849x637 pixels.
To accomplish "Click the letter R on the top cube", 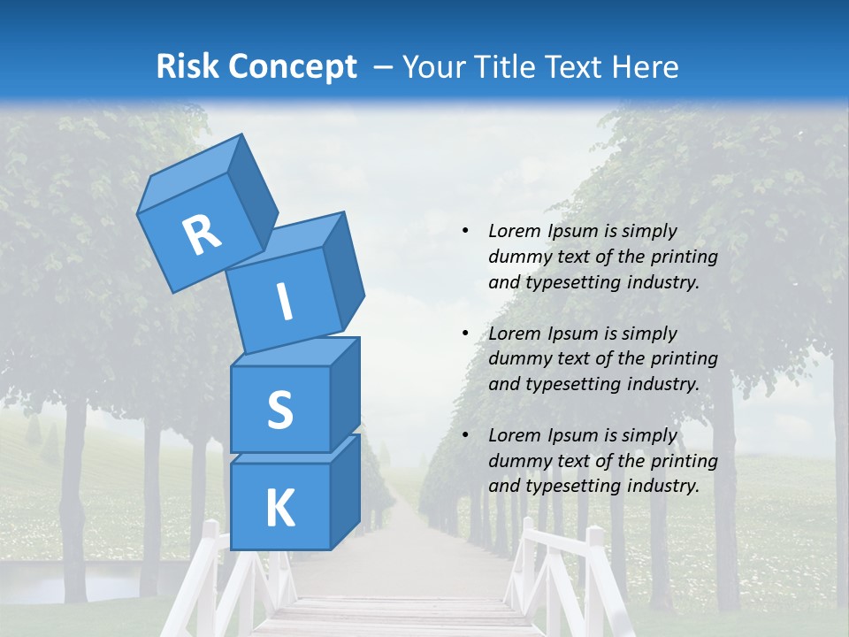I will coord(202,234).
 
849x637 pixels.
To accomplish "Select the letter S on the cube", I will coord(279,411).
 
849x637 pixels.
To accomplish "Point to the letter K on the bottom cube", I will coord(279,510).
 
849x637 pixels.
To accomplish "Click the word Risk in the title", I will coord(188,67).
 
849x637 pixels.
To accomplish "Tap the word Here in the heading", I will coord(646,67).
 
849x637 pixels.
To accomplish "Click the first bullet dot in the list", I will coord(465,231).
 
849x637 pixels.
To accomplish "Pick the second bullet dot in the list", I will coord(465,334).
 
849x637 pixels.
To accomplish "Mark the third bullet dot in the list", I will coord(465,435).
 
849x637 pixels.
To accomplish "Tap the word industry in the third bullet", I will coord(662,486).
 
